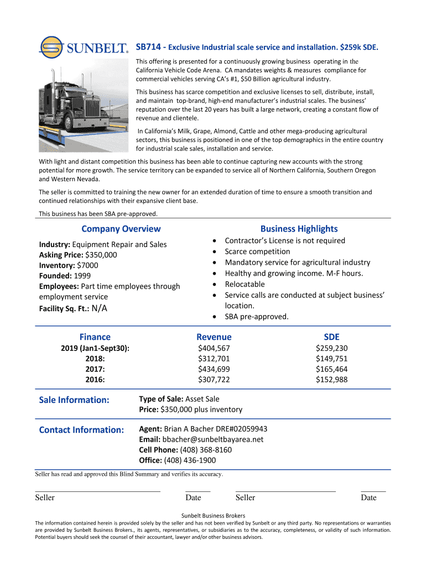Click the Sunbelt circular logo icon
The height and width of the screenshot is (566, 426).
point(51,47)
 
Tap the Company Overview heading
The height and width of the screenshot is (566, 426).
point(121,229)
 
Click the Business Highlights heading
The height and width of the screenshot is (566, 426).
point(299,229)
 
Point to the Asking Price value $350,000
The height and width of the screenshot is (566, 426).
point(101,255)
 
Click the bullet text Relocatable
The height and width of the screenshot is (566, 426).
point(245,284)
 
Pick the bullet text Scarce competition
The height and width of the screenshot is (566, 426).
point(257,251)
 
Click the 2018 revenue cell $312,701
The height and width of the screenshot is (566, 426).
point(214,358)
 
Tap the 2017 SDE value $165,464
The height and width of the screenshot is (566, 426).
point(331,369)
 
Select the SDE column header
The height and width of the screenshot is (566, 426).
point(331,337)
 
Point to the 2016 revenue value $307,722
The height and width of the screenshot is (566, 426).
point(214,379)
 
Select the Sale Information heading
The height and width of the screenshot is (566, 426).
point(74,400)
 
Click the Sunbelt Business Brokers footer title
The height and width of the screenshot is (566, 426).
point(213,515)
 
